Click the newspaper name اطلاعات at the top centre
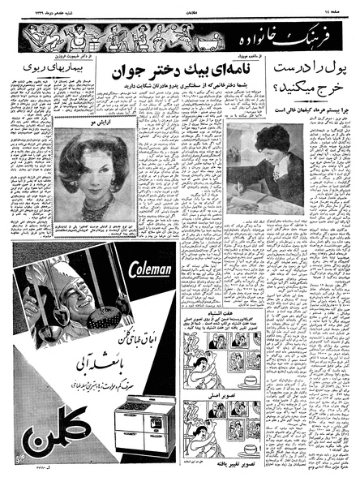[179, 7]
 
